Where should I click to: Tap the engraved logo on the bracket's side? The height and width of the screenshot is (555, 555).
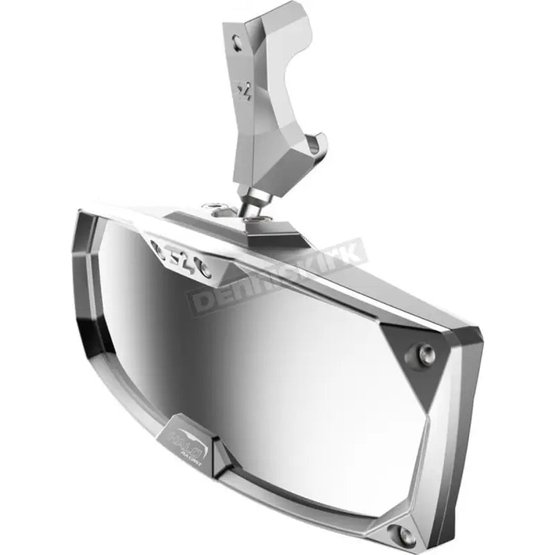(244, 93)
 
